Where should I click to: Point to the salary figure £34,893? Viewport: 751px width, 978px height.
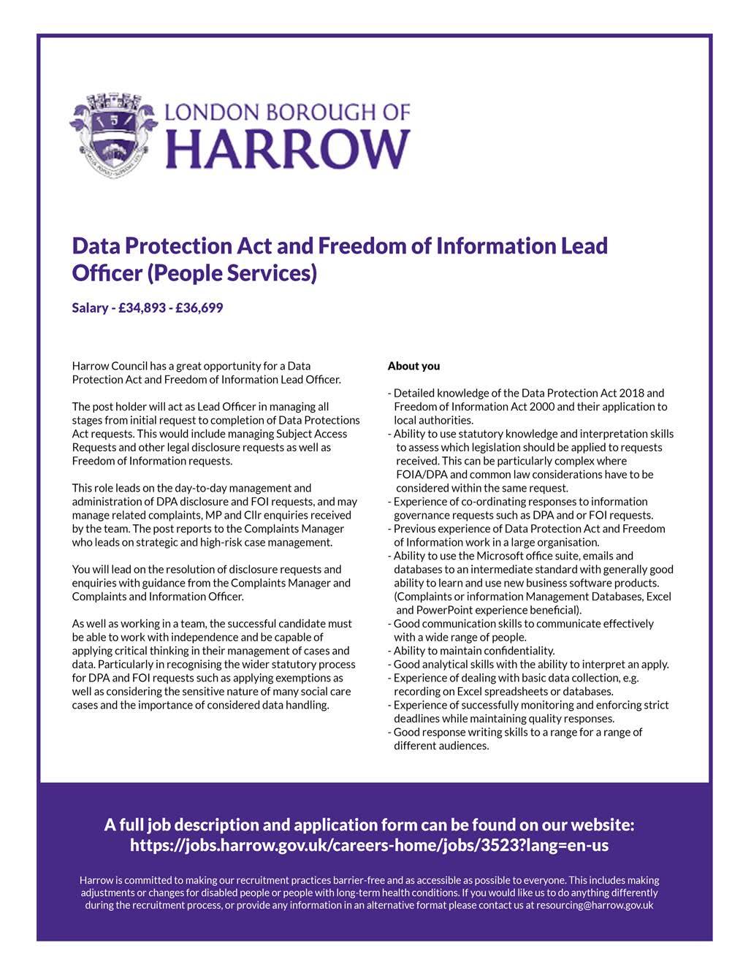[x=142, y=308]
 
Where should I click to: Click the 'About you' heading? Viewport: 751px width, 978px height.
[x=413, y=366]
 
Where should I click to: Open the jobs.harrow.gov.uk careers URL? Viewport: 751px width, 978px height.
[x=369, y=846]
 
